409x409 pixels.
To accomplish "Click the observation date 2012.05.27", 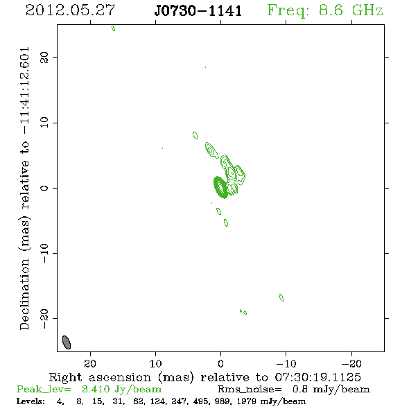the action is [70, 10].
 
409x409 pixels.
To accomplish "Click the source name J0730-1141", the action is [198, 10].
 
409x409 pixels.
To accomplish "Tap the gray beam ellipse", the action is [67, 342].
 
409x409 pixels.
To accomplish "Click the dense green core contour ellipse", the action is [220, 186].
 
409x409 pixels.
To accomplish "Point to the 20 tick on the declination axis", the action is [44, 57].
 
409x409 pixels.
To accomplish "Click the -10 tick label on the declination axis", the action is [44, 253].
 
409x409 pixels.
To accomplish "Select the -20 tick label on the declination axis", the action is [44, 318].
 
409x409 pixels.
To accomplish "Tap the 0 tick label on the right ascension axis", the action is [220, 364].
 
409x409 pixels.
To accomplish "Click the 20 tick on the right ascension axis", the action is [90, 364].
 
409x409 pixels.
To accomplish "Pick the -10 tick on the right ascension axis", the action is [286, 364].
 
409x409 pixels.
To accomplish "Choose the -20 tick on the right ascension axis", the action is [351, 364].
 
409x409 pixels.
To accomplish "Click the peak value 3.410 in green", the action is [96, 389].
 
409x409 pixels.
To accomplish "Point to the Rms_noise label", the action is [250, 389].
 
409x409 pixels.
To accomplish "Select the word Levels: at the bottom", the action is [31, 401].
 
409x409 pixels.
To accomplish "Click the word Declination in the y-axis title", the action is [24, 294].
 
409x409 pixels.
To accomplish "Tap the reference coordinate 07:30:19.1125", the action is [318, 377].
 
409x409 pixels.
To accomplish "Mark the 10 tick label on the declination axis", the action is [44, 123].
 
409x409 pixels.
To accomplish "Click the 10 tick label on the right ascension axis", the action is [155, 364].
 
